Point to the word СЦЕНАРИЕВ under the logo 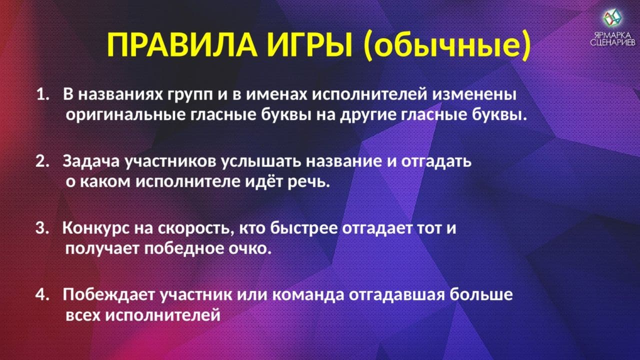pos(612,43)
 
